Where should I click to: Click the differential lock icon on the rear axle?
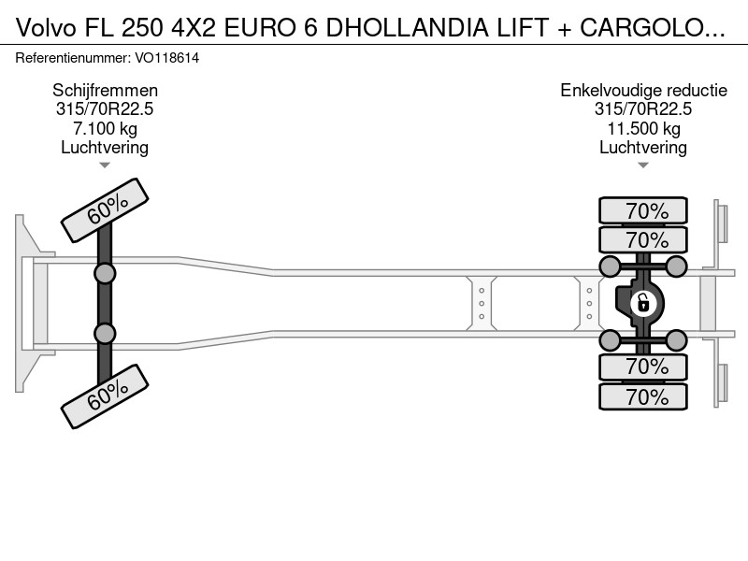coord(642,303)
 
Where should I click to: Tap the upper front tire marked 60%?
coord(105,209)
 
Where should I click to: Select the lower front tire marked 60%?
coord(105,396)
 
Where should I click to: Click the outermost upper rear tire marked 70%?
coord(643,210)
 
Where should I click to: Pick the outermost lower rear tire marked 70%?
coord(643,396)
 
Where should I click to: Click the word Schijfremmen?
coord(105,90)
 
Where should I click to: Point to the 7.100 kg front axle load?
coord(105,128)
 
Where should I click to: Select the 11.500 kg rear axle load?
coord(643,128)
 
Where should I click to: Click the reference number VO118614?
coord(167,58)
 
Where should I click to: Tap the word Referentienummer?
coord(73,58)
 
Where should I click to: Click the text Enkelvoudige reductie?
coord(643,90)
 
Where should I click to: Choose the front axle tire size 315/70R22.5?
coord(105,109)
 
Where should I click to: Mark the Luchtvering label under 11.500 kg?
coord(643,148)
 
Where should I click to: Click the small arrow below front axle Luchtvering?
coord(105,165)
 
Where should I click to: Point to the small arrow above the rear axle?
coord(643,165)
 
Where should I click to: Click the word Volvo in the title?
coord(46,28)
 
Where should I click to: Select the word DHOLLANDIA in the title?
coord(407,28)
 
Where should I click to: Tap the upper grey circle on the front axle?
coord(105,274)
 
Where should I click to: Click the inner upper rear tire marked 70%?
coord(643,239)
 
